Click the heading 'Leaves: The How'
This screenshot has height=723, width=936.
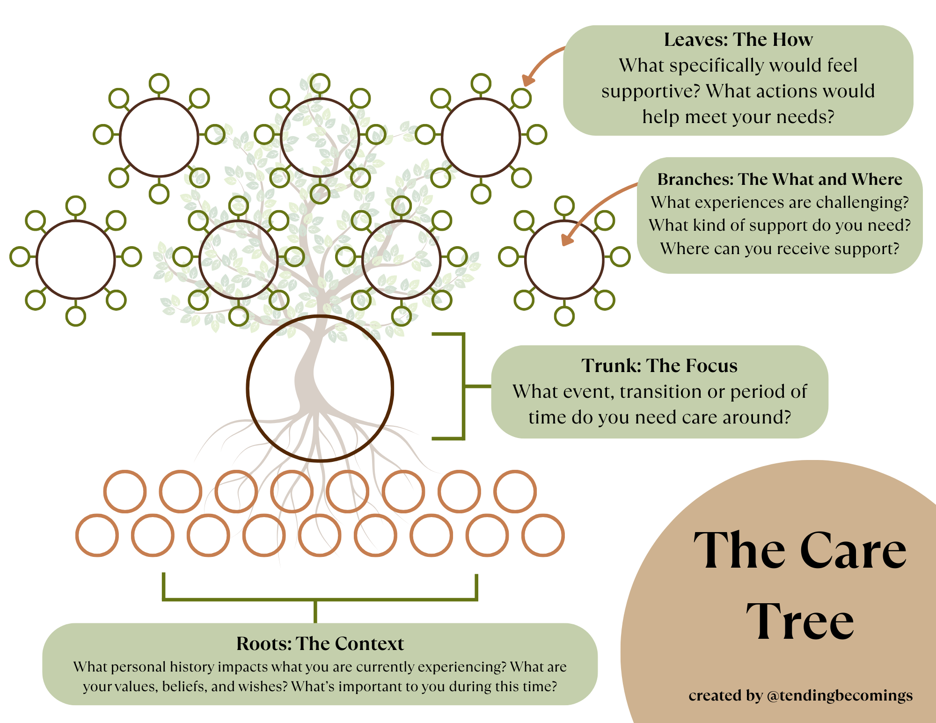point(738,40)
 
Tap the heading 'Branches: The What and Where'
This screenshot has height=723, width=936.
point(780,179)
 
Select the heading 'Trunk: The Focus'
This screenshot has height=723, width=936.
point(659,366)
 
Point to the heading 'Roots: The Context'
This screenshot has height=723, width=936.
point(320,644)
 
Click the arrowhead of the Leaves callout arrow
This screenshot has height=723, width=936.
point(528,80)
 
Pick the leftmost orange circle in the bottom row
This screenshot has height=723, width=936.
point(97,535)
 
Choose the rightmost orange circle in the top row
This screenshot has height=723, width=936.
point(515,491)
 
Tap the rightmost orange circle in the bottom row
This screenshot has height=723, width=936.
point(543,535)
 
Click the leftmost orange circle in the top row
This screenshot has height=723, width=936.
point(125,491)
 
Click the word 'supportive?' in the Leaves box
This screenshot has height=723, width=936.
point(650,91)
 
